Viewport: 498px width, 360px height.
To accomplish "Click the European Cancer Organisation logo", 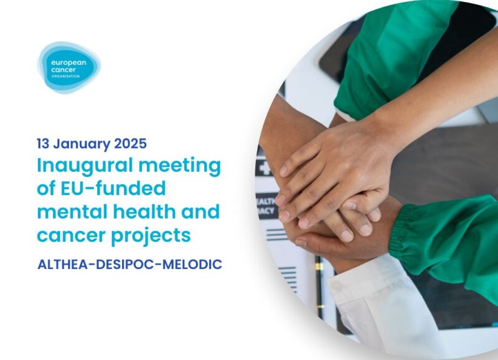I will pyautogui.click(x=68, y=67).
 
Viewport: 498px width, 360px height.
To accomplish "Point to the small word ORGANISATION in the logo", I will pyautogui.click(x=68, y=76).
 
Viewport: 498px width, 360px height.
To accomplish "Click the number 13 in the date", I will pyautogui.click(x=44, y=143).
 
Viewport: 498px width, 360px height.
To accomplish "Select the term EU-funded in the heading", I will pyautogui.click(x=111, y=189).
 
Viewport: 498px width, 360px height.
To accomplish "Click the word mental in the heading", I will pyautogui.click(x=70, y=212).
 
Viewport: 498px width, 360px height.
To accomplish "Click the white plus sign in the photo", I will pyautogui.click(x=265, y=168).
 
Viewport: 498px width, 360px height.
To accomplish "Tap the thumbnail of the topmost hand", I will pyautogui.click(x=284, y=169).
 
